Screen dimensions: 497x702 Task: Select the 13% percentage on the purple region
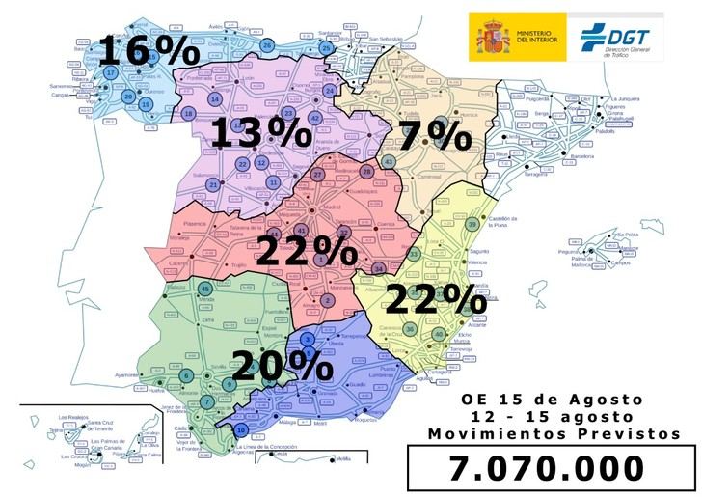point(255,132)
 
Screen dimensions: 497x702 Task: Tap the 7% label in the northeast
point(433,136)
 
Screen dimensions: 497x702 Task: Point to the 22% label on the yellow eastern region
point(435,298)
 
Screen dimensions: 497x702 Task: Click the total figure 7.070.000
point(547,468)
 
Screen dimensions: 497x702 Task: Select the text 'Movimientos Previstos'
point(550,434)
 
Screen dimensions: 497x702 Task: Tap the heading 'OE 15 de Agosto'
point(551,399)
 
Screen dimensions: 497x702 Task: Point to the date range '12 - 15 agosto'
point(551,416)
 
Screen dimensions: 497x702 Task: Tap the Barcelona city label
point(581,155)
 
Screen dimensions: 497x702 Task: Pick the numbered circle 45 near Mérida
point(204,289)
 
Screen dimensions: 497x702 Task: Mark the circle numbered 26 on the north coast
point(267,44)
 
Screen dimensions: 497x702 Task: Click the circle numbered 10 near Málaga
point(241,429)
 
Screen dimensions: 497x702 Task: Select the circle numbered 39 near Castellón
point(472,224)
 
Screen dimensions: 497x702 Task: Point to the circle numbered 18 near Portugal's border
point(189,114)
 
